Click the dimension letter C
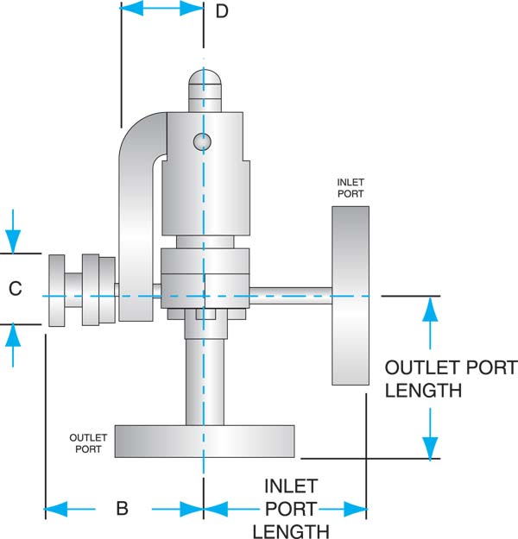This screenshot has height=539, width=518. coord(15,290)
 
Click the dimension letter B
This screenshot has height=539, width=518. coord(122,509)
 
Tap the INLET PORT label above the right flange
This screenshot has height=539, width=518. coord(350,188)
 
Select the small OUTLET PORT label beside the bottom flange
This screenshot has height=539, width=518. coord(88,443)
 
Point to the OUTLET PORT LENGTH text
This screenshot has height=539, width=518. coord(449,379)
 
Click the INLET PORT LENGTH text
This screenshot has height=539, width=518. coord(291,509)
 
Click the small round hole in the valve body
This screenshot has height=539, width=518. coord(203,141)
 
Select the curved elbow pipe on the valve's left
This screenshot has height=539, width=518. coord(136,216)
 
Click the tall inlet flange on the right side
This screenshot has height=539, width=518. coord(350,295)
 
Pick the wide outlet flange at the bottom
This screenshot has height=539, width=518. coord(204,441)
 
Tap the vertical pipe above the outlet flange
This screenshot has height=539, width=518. coord(205,379)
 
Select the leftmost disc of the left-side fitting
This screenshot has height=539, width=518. coord(58,291)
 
